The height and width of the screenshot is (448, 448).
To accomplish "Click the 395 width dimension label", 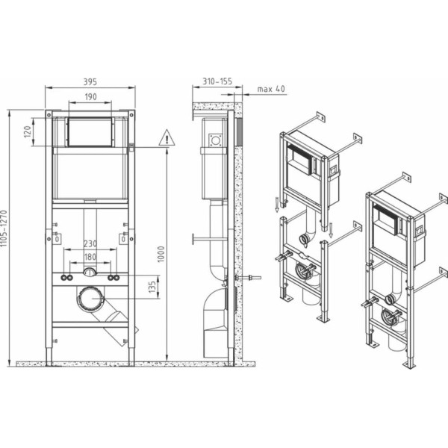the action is (90, 81).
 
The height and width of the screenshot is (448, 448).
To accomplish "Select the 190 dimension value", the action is (90, 97).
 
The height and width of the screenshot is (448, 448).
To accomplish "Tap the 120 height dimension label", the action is (28, 132).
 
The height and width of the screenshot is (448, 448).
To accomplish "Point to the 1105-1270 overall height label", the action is (4, 228).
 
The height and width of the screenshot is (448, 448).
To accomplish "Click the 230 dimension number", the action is (90, 243).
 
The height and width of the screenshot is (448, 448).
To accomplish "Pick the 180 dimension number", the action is (90, 257).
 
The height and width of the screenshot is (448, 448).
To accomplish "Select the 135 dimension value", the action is (152, 287).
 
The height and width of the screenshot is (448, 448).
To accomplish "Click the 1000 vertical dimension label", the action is (161, 254).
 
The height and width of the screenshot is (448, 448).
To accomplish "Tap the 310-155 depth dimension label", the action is (217, 81).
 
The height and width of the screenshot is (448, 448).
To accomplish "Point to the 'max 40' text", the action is (271, 89).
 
